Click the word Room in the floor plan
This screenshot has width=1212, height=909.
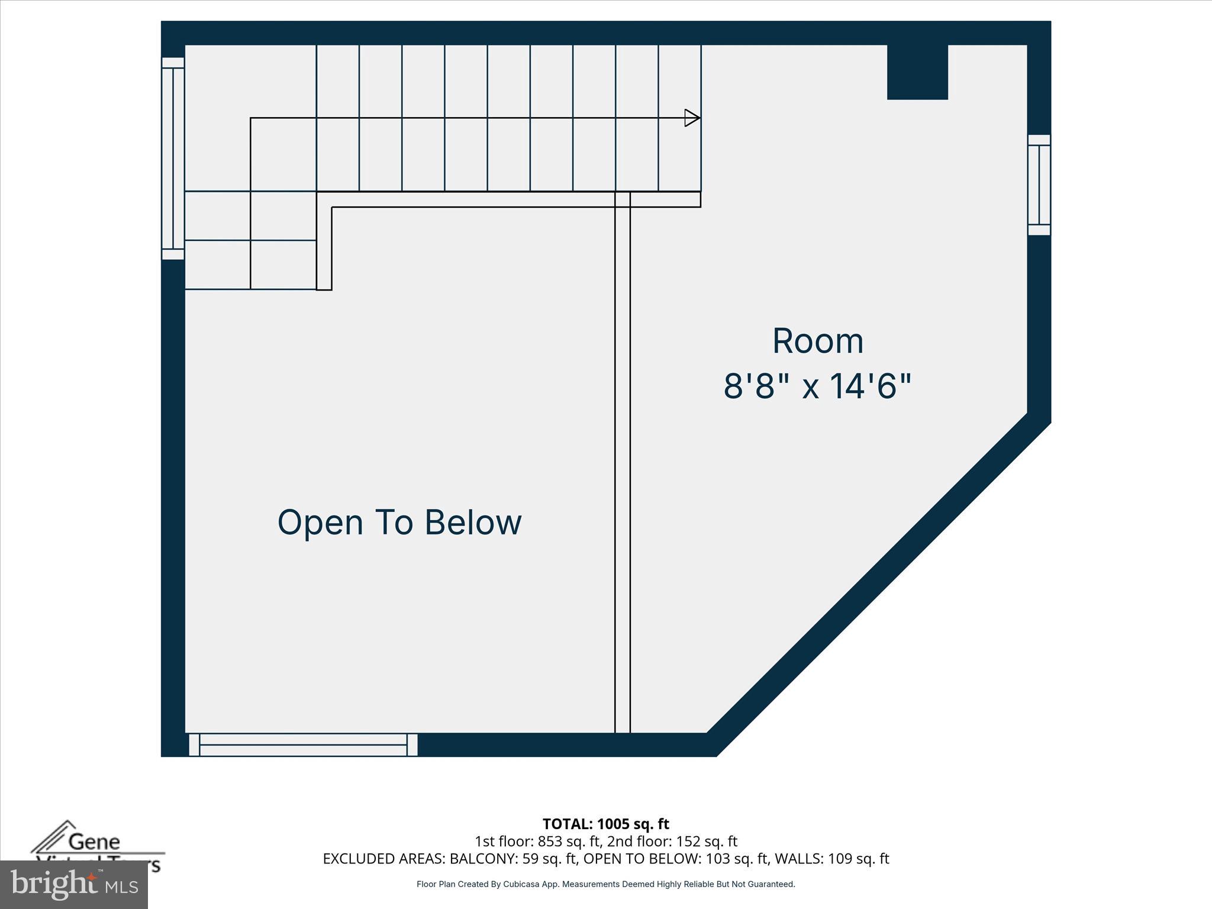coord(818,341)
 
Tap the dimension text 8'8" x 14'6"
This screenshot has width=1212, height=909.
coord(817,386)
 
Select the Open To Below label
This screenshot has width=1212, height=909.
coord(399,523)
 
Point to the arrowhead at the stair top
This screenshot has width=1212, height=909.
coord(691,118)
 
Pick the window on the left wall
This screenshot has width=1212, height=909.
coord(173,159)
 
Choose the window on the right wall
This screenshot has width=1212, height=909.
coord(1039,185)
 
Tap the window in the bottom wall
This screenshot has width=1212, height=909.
coord(303,744)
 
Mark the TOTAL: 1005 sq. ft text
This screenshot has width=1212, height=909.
coord(605,824)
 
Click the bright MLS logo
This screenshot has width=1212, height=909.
coord(74,885)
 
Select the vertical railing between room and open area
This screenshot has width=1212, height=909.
coord(623,462)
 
